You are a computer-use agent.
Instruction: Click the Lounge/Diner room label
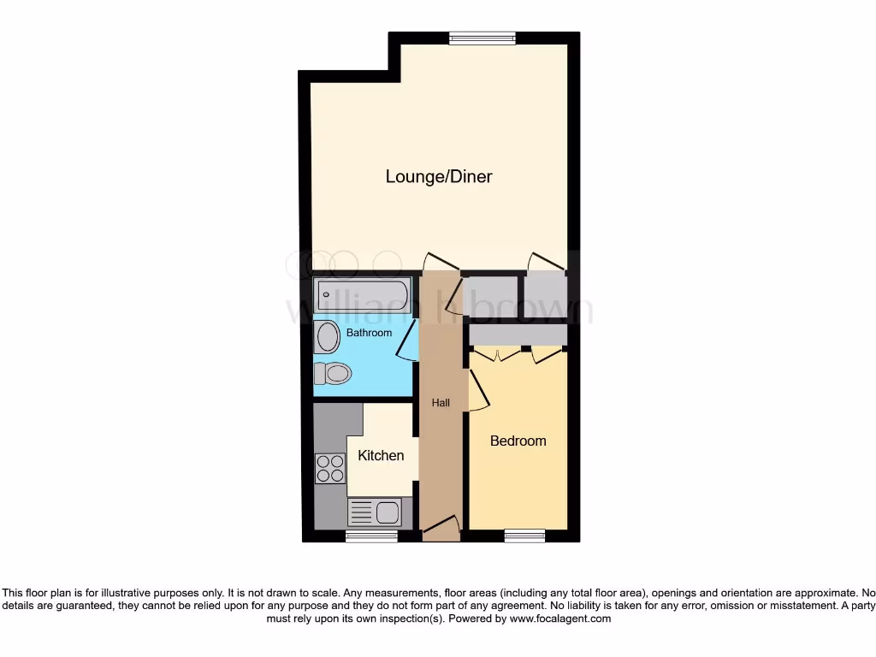[439, 177]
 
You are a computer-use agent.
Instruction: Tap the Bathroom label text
[369, 333]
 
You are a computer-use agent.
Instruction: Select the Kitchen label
[381, 455]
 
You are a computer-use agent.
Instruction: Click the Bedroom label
[518, 441]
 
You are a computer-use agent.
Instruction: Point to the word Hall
[441, 403]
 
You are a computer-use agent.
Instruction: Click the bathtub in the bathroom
[363, 296]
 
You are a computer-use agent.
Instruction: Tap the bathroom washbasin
[328, 338]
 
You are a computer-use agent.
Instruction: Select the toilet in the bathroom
[333, 373]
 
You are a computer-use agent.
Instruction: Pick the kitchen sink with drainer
[375, 513]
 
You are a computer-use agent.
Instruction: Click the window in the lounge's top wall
[482, 38]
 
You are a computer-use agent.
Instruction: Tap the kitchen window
[371, 536]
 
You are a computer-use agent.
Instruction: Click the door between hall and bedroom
[477, 390]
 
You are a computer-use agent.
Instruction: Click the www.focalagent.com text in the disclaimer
[560, 619]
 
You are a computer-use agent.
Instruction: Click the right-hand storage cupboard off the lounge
[545, 294]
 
